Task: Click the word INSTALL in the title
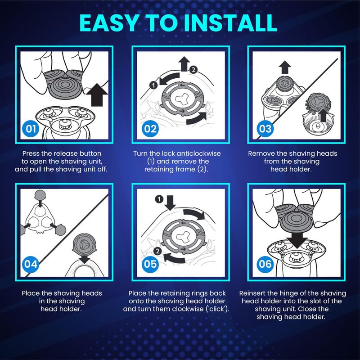tap(230, 23)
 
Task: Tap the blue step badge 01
tap(31, 129)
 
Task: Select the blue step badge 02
tap(150, 129)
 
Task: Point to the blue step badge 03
tap(265, 129)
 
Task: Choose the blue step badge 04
tap(31, 264)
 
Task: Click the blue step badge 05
tap(150, 264)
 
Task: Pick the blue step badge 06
tap(265, 264)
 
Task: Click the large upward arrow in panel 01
tap(97, 94)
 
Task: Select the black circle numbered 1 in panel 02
tap(153, 85)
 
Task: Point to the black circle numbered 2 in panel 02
tap(193, 70)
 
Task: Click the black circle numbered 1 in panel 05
tap(159, 199)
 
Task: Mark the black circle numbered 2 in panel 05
tap(158, 251)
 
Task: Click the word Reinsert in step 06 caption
tap(252, 293)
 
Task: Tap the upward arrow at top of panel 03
tap(285, 67)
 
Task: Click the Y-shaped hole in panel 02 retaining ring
tap(182, 99)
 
